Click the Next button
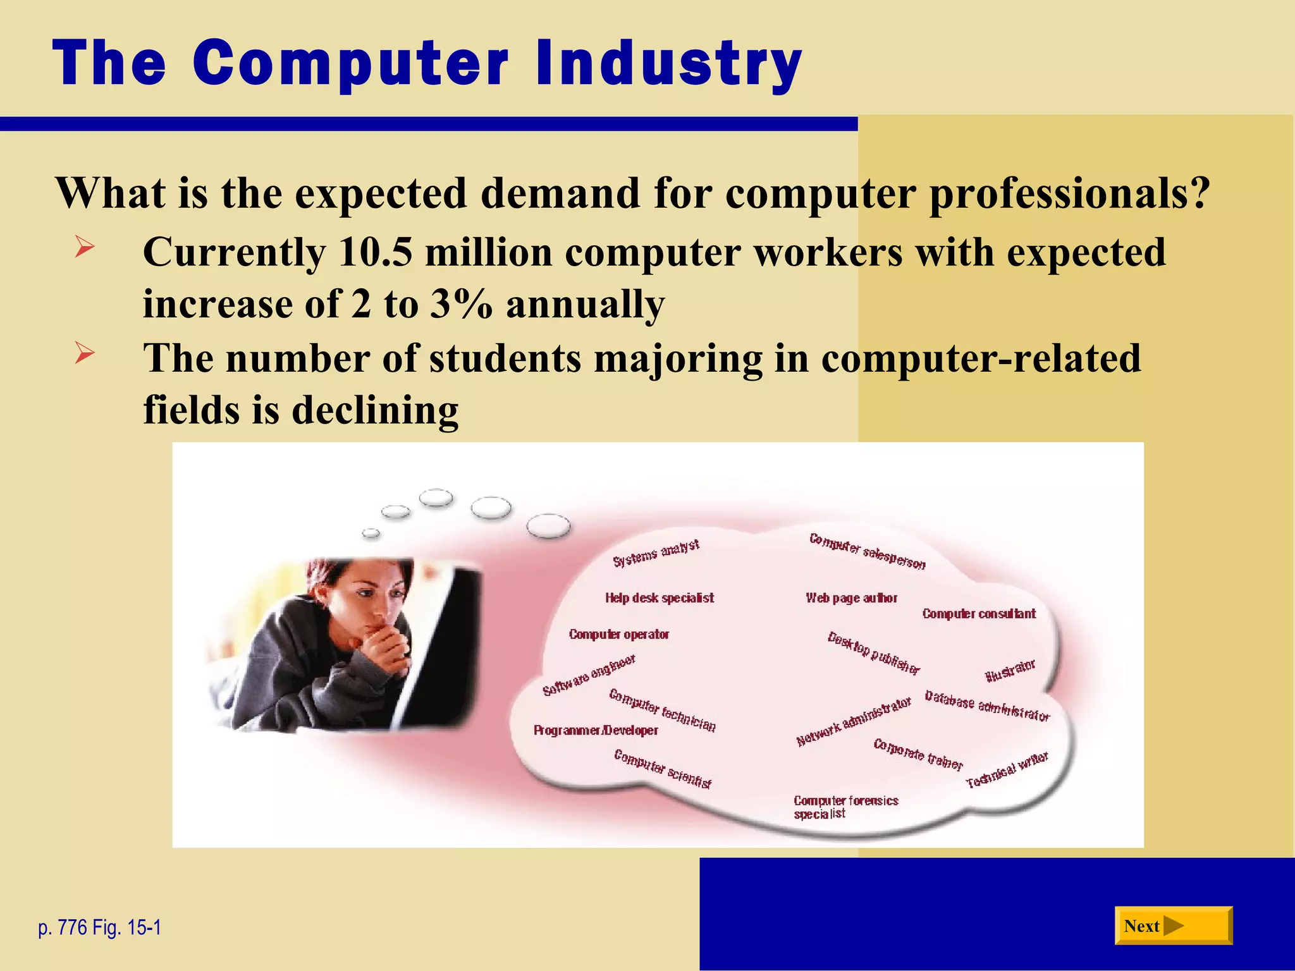coord(1172,925)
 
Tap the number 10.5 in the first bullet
coord(375,252)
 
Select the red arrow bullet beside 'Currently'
coord(84,246)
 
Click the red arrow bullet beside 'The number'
coord(84,352)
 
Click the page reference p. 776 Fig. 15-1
coord(99,927)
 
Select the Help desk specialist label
coord(660,598)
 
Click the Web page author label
coord(851,598)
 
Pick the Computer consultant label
coord(979,614)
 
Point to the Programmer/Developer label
coord(596,731)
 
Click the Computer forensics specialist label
coord(845,807)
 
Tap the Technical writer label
coord(1007,770)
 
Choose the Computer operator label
coord(618,634)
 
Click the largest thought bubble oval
coord(548,526)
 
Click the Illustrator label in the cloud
coord(1010,671)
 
